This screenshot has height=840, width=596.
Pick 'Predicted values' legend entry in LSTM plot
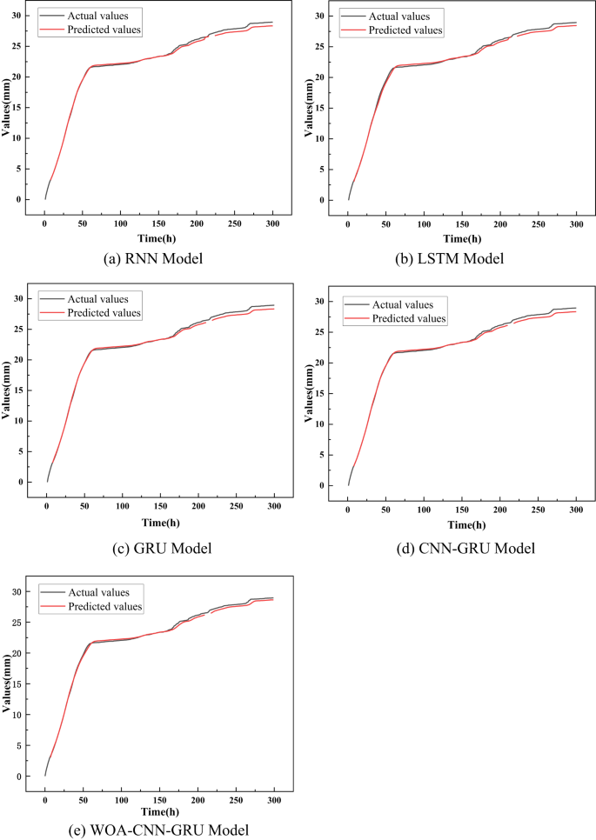click(406, 30)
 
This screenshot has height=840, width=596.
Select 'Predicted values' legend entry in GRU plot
click(103, 313)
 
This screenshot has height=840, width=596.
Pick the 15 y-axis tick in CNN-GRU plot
click(330, 393)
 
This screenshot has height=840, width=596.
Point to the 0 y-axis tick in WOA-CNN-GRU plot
click(29, 777)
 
